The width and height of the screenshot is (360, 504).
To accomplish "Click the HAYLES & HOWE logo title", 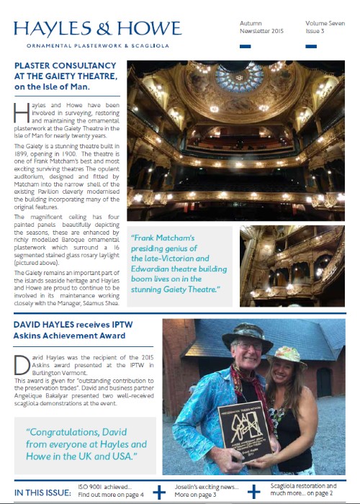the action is [x=97, y=29].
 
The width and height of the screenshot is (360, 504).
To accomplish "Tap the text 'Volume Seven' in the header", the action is [x=323, y=23].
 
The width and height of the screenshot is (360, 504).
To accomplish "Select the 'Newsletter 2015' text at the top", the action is [x=262, y=32].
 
